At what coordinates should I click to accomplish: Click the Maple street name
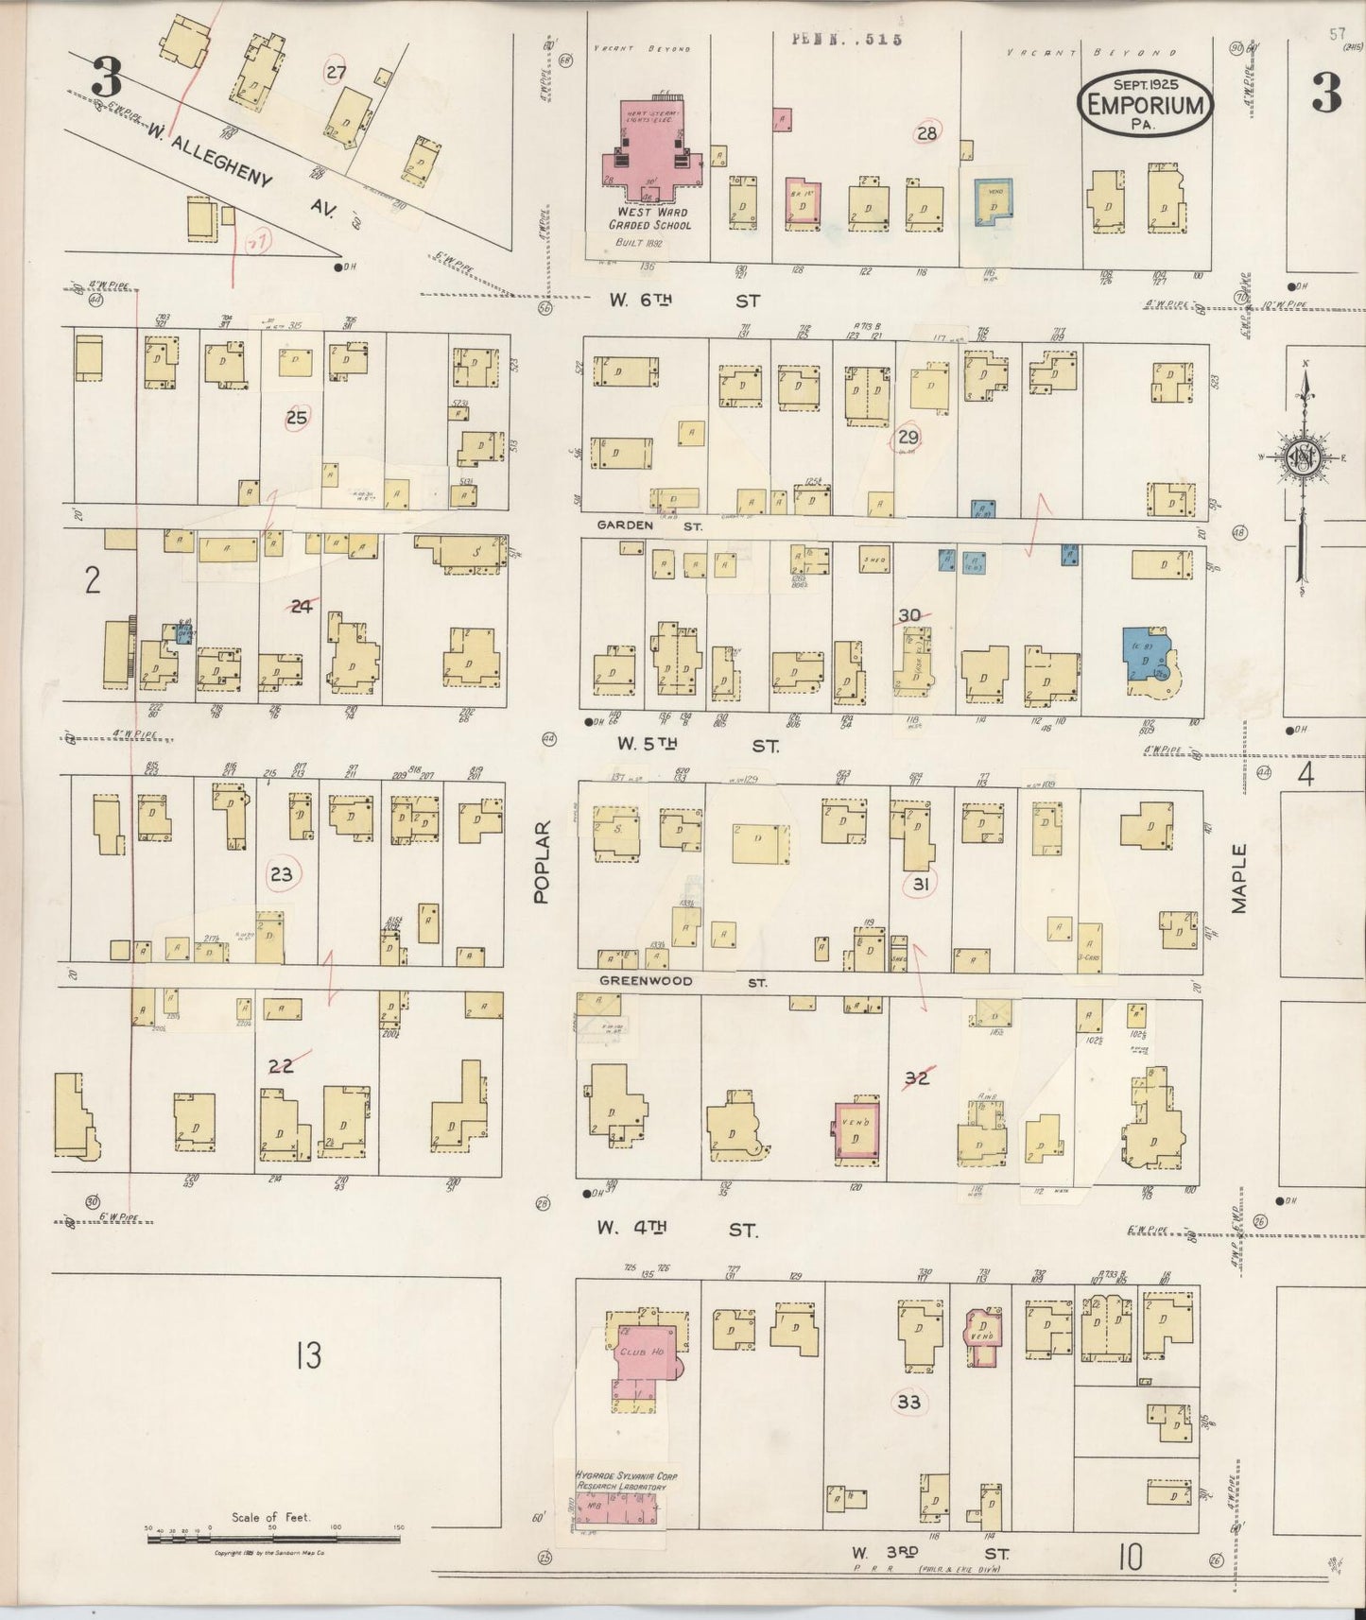click(x=1238, y=878)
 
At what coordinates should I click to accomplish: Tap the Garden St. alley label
click(x=648, y=525)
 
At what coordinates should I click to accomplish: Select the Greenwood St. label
click(x=681, y=981)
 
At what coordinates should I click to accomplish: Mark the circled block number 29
click(x=908, y=437)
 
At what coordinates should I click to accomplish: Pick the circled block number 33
click(x=908, y=1402)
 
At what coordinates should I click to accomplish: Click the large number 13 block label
click(x=308, y=1356)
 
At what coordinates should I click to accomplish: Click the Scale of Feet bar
click(x=272, y=1539)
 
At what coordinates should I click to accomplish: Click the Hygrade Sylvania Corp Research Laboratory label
click(x=626, y=1480)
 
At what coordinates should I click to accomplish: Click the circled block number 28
click(x=926, y=133)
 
